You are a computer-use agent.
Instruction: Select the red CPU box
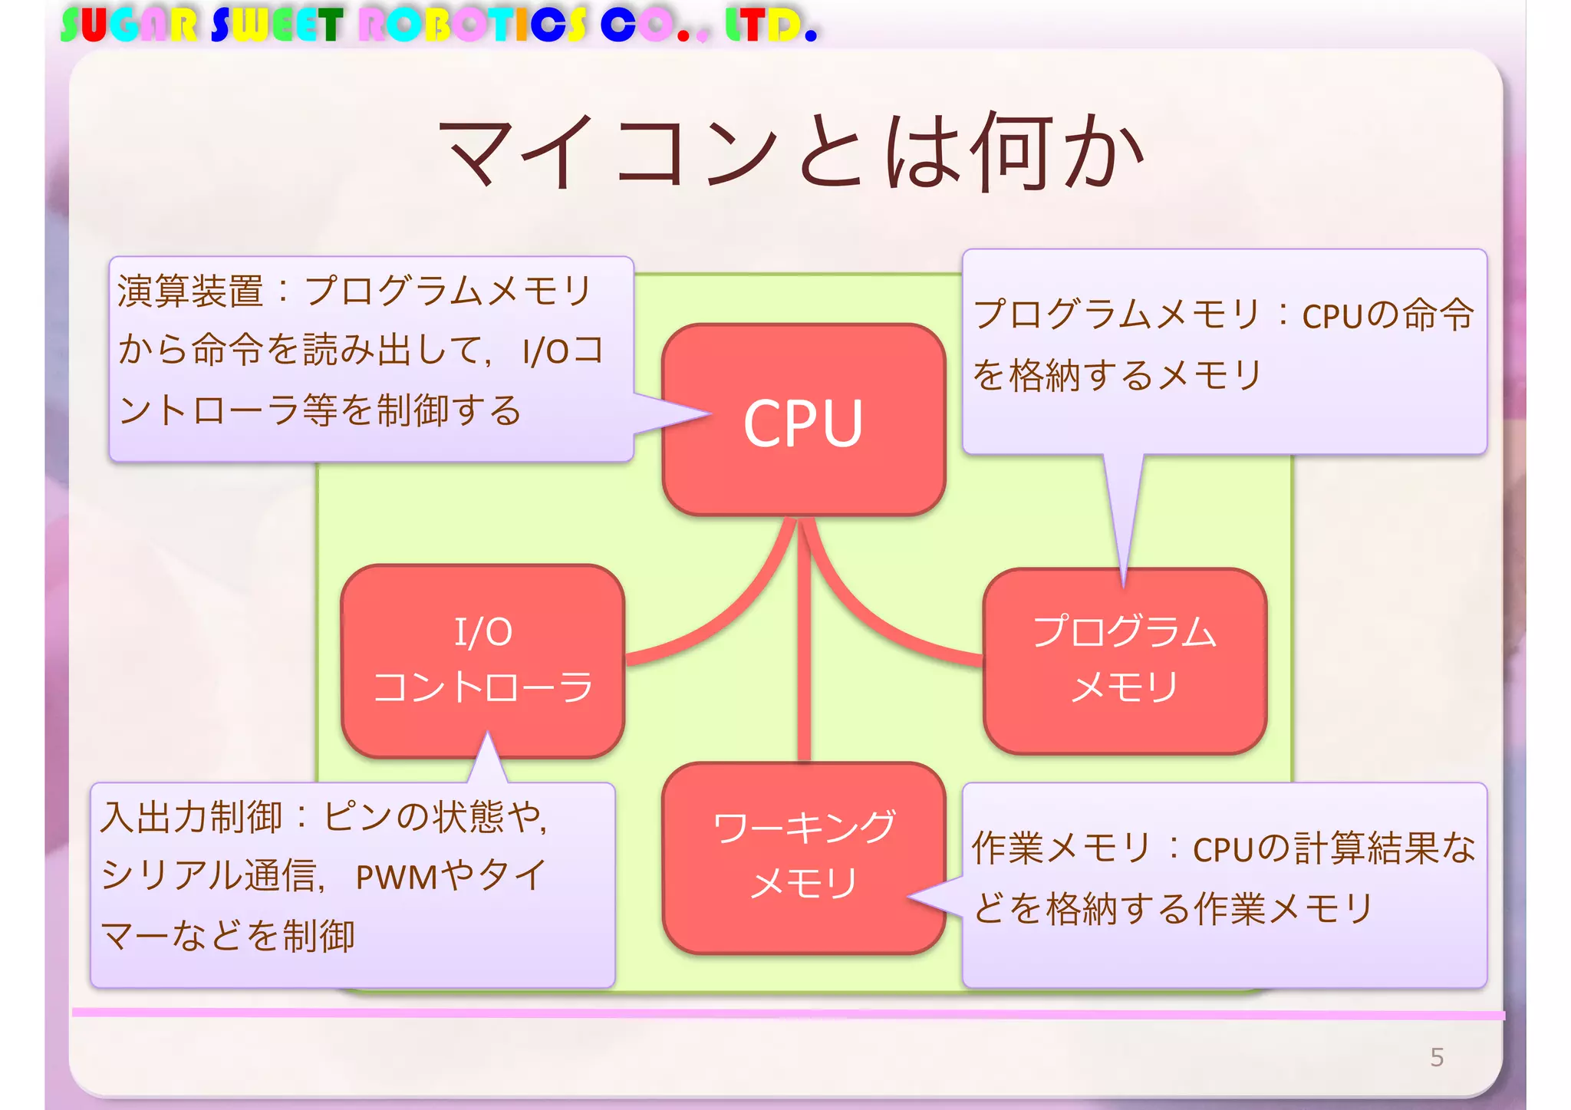803,420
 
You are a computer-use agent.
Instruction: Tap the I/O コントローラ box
482,660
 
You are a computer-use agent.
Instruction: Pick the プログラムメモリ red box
1125,660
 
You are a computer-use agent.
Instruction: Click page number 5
1437,1057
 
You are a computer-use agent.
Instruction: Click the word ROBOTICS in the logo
473,25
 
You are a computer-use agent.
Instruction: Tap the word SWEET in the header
277,25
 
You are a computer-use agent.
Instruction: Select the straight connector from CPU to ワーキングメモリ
803,644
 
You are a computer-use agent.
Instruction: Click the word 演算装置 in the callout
190,291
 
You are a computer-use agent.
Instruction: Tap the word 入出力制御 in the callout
192,817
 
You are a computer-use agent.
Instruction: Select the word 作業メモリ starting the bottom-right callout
1062,848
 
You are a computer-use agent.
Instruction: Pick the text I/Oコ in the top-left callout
563,351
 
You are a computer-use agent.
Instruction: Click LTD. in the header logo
771,25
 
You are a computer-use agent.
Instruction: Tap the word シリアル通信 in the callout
209,875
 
